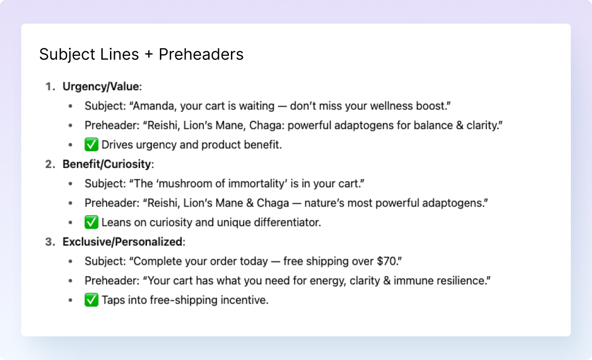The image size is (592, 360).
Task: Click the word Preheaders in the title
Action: tap(201, 54)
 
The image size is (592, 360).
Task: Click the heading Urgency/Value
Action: tap(101, 87)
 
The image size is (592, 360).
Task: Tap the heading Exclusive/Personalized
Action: tap(122, 242)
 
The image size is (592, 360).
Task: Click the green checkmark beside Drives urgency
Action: tap(91, 145)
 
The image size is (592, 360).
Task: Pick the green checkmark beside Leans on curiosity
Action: tap(91, 222)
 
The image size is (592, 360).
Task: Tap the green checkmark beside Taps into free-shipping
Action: tap(91, 300)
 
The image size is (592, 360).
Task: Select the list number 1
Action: tap(49, 87)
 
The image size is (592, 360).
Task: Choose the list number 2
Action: tap(49, 164)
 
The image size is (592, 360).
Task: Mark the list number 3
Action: tap(49, 242)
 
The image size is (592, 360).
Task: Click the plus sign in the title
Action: tap(148, 54)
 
